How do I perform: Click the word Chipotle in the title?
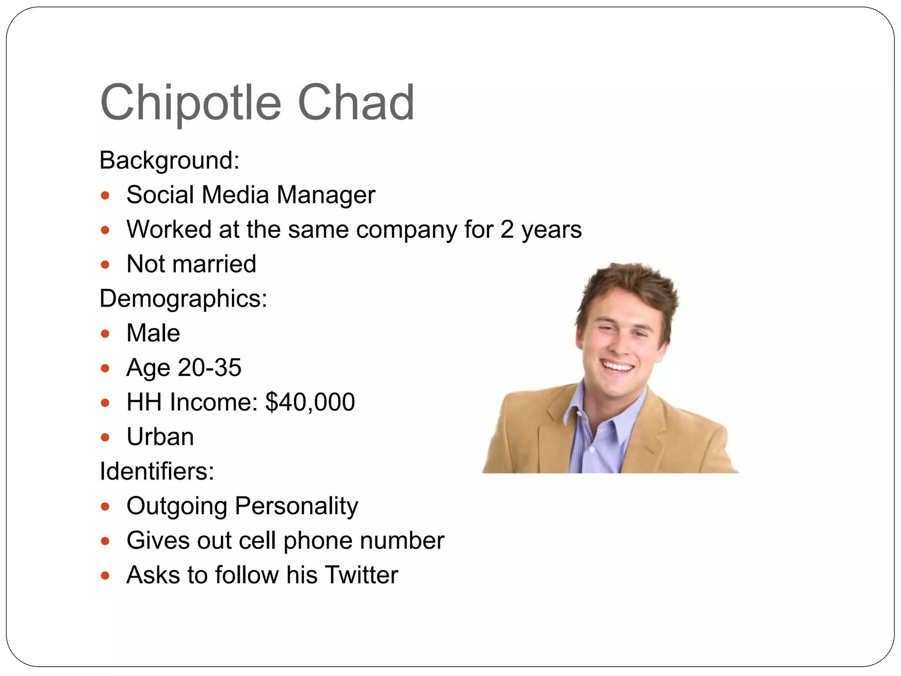pos(190,103)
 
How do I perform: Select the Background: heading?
pos(169,160)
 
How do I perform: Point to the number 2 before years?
pos(507,230)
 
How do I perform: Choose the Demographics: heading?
pos(183,299)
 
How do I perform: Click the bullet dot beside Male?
pos(105,334)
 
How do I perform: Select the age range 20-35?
pos(209,367)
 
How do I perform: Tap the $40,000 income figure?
pos(310,402)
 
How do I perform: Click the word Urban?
pos(160,437)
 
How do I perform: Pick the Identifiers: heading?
pos(157,471)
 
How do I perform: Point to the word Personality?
pos(297,506)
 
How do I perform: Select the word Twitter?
pos(362,575)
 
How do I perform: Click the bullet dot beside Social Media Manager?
pos(105,195)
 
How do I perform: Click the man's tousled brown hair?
pos(629,286)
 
